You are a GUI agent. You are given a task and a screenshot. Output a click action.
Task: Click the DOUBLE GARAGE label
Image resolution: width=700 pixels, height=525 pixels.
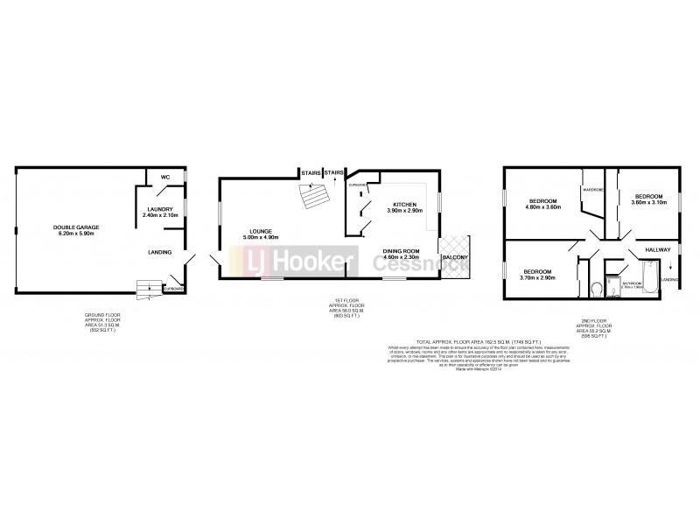[75, 227]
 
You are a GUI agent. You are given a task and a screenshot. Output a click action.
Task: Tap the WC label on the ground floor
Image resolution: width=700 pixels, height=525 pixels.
[164, 177]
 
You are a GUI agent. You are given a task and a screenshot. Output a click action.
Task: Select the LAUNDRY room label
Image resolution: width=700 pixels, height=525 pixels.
[159, 209]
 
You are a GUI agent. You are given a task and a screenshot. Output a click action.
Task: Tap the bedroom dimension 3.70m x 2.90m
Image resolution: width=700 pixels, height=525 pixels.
[540, 276]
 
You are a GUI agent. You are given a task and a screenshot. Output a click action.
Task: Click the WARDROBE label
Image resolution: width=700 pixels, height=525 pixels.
[595, 189]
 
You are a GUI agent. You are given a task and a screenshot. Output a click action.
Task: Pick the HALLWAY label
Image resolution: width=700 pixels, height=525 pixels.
[657, 249]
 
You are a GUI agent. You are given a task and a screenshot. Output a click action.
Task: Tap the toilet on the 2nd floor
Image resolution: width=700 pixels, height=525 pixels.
[596, 287]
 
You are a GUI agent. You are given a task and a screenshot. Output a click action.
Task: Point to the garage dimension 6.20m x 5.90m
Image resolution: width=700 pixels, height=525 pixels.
[75, 234]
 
